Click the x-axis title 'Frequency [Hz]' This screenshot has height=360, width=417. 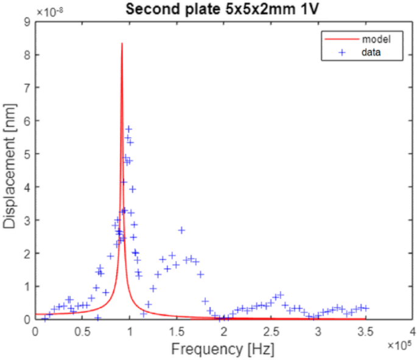click(x=223, y=350)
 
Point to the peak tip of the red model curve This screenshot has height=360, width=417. click(x=122, y=43)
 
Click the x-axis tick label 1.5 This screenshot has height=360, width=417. click(x=177, y=331)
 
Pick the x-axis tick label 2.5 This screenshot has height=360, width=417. click(x=271, y=331)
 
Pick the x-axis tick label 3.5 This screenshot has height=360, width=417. click(x=365, y=331)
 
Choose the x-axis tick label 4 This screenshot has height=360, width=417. click(x=412, y=331)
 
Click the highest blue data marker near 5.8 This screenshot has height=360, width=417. click(x=128, y=128)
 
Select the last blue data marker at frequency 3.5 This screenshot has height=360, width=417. click(x=366, y=309)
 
